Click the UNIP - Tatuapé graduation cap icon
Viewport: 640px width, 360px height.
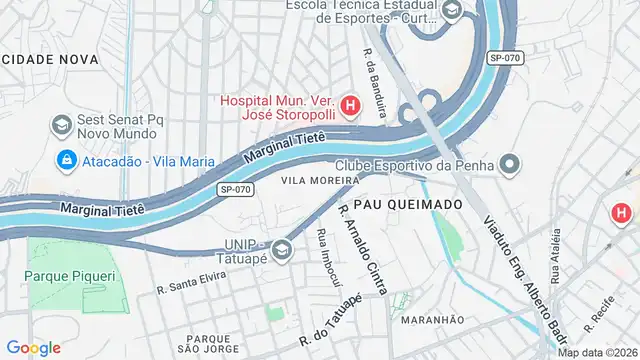[x=282, y=248]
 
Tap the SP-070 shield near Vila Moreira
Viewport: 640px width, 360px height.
[x=235, y=189]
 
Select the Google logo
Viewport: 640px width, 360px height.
[x=33, y=348]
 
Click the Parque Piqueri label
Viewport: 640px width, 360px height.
[x=71, y=275]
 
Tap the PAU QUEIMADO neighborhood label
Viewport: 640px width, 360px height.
[x=408, y=204]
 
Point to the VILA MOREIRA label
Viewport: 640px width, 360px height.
[x=320, y=181]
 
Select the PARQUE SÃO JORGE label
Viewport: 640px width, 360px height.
[x=215, y=343]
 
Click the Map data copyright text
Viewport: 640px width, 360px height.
[x=597, y=352]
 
